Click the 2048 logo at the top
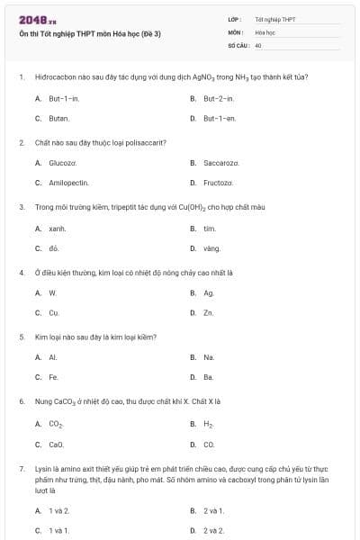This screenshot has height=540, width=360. pos(31,20)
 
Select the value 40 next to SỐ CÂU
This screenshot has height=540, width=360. pos(258,44)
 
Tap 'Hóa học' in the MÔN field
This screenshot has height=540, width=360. pos(265,31)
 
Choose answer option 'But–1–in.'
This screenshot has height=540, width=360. pos(64,97)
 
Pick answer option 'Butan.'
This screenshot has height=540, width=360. pos(58,118)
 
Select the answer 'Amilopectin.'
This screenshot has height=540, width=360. pos(68,183)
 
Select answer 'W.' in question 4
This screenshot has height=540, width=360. pos(52,293)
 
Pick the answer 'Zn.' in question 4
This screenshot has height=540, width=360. pos(208,313)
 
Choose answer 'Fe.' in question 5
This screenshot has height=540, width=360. pos(53,377)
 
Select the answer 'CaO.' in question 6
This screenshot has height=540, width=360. pos(56,444)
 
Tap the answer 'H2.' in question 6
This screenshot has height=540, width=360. pos(208,424)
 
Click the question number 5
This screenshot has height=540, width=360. pos(21,337)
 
